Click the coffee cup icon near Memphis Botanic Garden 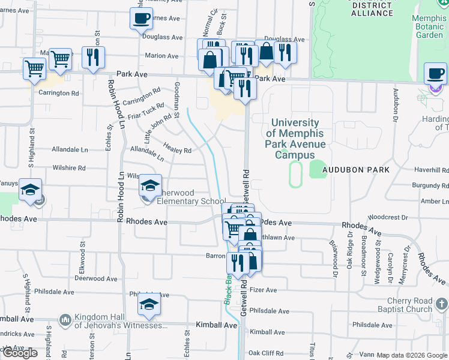435,74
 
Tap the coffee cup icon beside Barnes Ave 140,19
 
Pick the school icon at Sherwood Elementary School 150,185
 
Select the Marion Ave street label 161,56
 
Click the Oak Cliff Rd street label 266,353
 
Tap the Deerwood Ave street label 96,278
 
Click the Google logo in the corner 20,353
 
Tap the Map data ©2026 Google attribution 412,355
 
